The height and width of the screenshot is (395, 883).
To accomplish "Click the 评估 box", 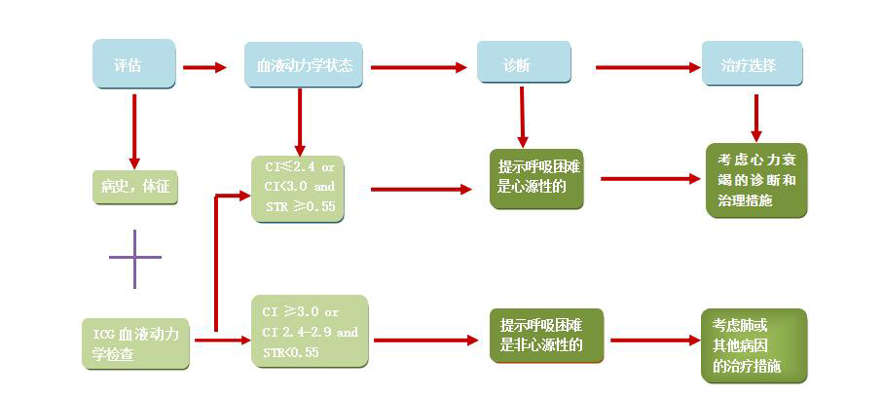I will pos(133,66).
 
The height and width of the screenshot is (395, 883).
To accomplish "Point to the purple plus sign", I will pos(134,258).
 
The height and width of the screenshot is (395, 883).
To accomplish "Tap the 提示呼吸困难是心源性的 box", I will pos(536,178).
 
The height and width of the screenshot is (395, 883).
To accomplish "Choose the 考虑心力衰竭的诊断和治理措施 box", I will pos(756,181).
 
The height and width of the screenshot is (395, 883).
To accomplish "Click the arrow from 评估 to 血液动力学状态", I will pos(204,68).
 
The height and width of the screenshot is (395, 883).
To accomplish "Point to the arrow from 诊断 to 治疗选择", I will pos(647,68).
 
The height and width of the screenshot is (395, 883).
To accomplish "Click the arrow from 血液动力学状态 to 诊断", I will pos(419,68).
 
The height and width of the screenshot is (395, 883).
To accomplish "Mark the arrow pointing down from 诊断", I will pos(523,117).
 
